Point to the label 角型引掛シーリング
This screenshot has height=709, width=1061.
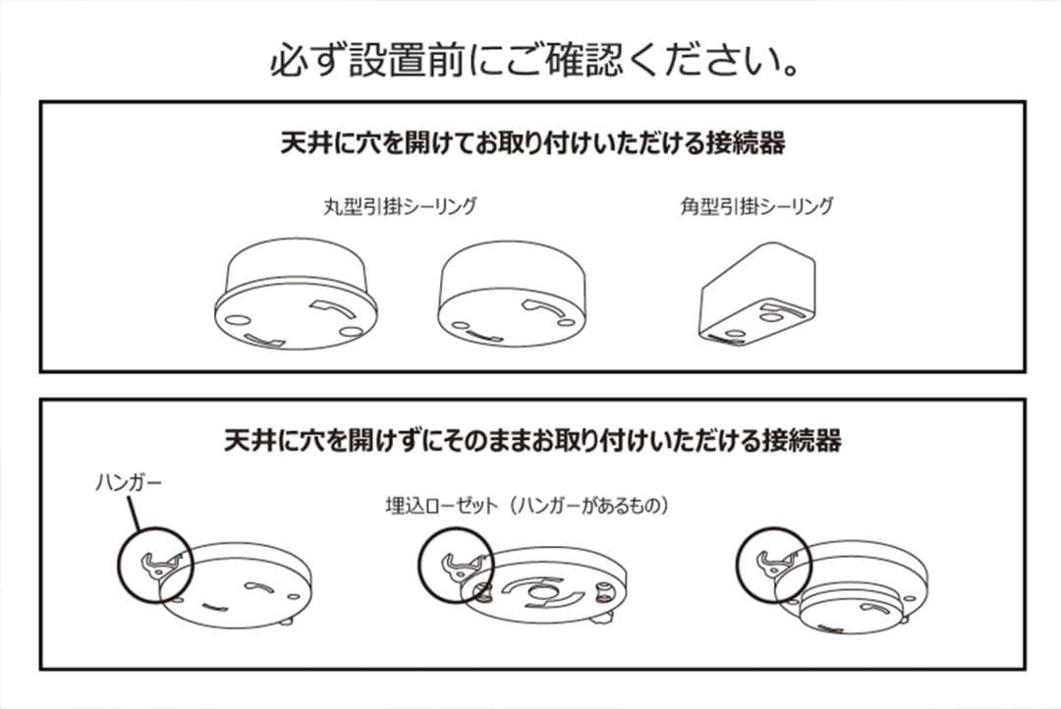pos(755,206)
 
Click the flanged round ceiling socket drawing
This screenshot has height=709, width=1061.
pos(295,300)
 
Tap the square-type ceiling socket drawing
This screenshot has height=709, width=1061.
pos(757,295)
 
